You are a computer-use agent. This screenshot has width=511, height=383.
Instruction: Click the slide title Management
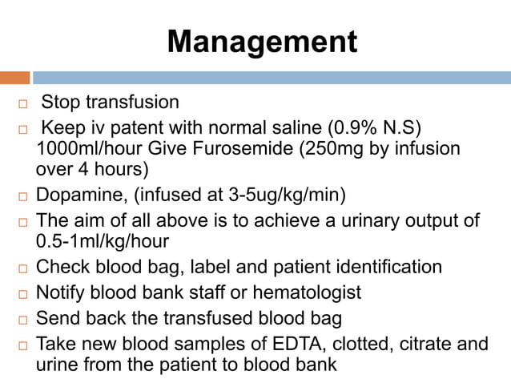coord(261,42)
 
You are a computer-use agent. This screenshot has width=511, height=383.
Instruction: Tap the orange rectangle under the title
coord(15,78)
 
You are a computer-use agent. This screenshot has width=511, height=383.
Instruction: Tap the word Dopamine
coord(75,195)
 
